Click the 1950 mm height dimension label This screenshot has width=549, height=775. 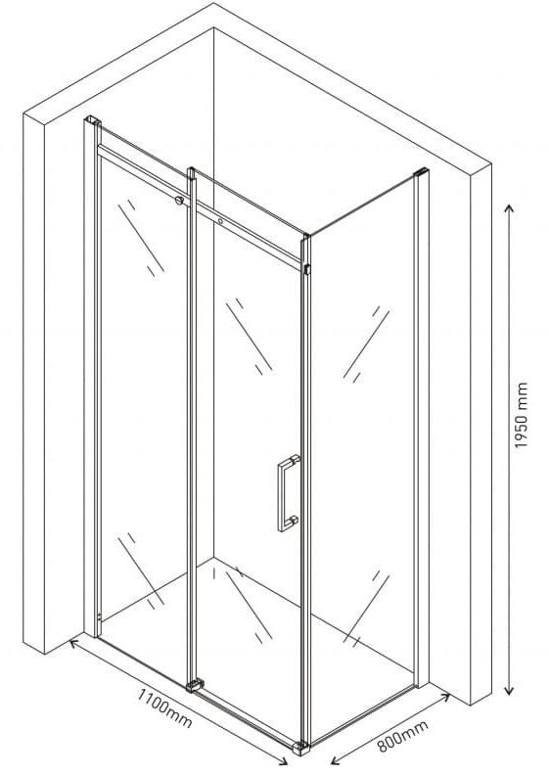pyautogui.click(x=522, y=415)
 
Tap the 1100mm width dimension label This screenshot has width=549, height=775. pyautogui.click(x=164, y=708)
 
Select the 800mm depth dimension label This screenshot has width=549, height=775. pyautogui.click(x=403, y=736)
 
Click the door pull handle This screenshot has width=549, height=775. pyautogui.click(x=288, y=493)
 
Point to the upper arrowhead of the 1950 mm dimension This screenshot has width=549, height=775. pyautogui.click(x=510, y=209)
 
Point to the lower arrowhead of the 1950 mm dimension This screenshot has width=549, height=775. pyautogui.click(x=510, y=690)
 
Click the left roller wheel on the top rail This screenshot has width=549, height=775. pyautogui.click(x=179, y=201)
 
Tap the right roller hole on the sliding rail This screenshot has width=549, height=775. pyautogui.click(x=220, y=221)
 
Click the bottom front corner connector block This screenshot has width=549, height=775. pyautogui.click(x=300, y=748)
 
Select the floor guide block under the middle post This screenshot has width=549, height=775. pyautogui.click(x=195, y=685)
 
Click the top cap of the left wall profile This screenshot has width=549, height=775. pyautogui.click(x=93, y=119)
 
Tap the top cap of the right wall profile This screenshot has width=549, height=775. pyautogui.click(x=422, y=171)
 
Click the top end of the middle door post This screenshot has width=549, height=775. pyautogui.click(x=191, y=171)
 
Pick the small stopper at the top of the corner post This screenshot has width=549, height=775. pyautogui.click(x=307, y=270)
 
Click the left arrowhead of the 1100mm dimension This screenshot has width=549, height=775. pyautogui.click(x=73, y=643)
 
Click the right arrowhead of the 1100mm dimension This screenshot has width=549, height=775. pyautogui.click(x=283, y=761)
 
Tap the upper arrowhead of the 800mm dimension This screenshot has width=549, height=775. pyautogui.click(x=445, y=697)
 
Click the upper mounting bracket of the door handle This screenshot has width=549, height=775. pyautogui.click(x=294, y=460)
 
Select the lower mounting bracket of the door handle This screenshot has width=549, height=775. pyautogui.click(x=294, y=521)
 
